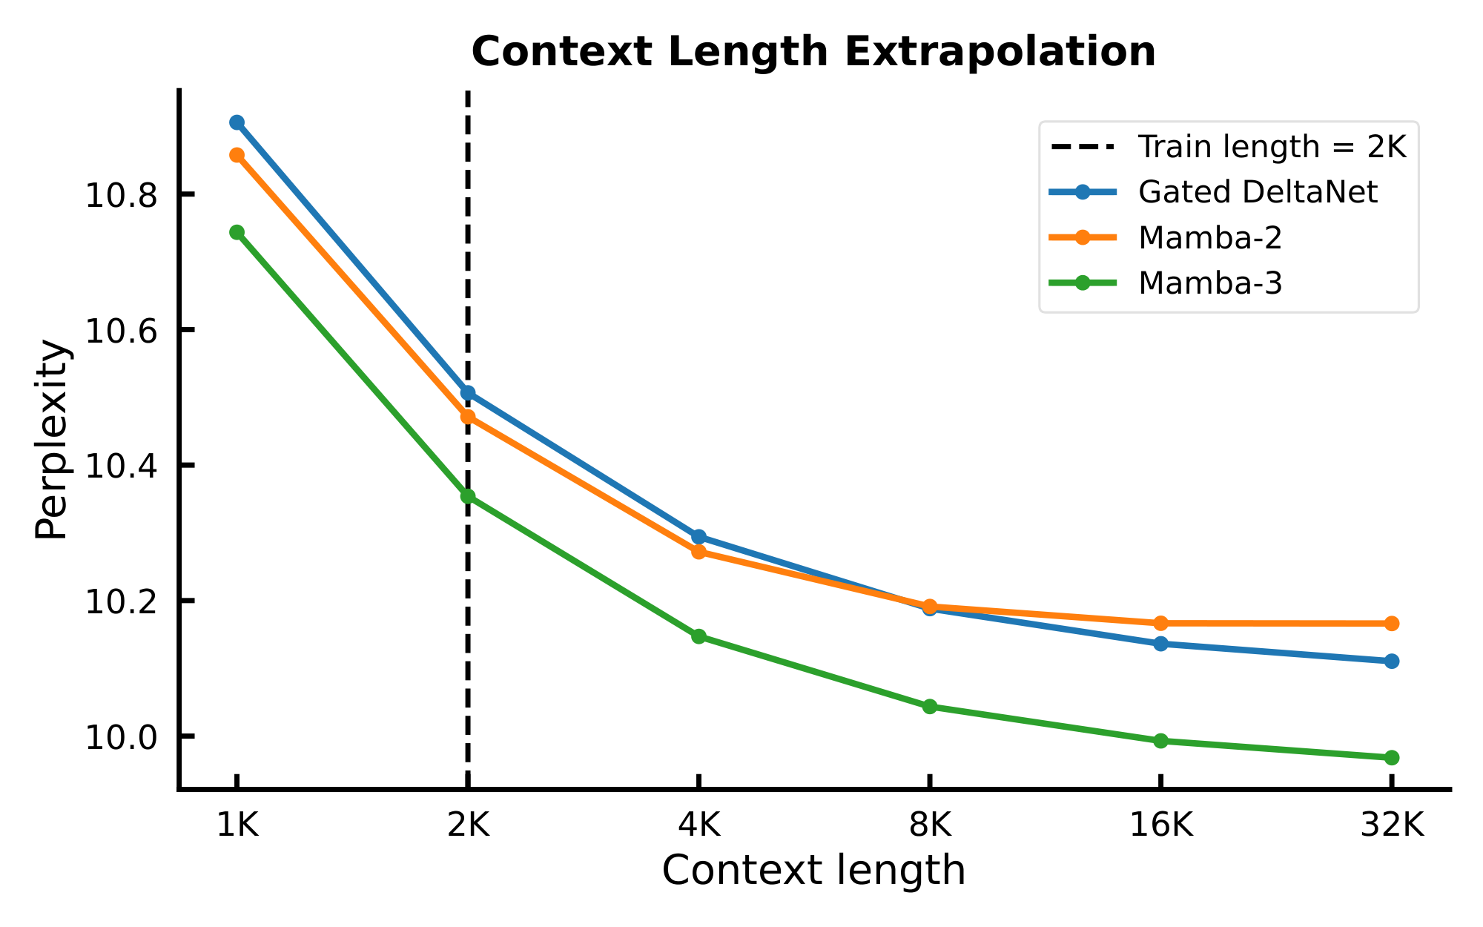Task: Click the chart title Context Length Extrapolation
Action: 813,53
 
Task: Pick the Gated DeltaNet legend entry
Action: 1258,192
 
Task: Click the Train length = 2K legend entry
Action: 1272,147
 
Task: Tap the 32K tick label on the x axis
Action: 1392,825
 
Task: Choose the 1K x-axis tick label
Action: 237,825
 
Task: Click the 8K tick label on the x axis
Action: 930,825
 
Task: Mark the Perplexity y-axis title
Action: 53,439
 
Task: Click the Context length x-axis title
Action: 813,871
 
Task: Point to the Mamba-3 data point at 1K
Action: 237,232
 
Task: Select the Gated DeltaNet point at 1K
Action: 237,122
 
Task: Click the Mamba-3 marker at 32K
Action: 1392,757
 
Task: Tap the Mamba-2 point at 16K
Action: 1160,623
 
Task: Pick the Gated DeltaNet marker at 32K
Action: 1392,661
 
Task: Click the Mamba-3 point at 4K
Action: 698,636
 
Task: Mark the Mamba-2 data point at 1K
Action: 237,155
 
